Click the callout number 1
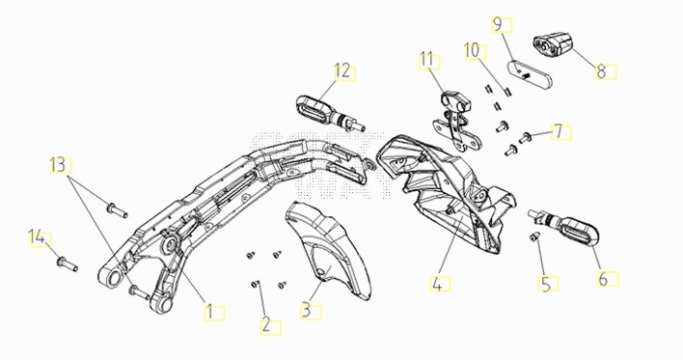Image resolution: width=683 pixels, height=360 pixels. (x=209, y=312)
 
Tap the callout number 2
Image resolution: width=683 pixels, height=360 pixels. (x=265, y=325)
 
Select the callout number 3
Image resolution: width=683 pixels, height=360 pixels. (x=306, y=311)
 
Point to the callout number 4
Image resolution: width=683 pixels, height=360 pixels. (x=437, y=284)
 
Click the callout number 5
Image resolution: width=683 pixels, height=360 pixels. (x=546, y=284)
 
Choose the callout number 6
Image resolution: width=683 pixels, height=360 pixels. (x=603, y=279)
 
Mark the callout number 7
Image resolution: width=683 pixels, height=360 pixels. (x=559, y=131)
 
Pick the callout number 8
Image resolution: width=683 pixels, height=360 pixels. (x=602, y=71)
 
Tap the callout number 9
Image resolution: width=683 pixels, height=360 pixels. (x=498, y=24)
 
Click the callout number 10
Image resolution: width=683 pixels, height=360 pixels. (x=472, y=50)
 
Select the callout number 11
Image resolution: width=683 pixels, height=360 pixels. (x=426, y=60)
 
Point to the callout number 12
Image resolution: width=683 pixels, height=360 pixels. (x=342, y=71)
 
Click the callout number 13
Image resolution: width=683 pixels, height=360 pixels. (x=58, y=165)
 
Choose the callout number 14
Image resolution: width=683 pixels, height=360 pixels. (x=37, y=238)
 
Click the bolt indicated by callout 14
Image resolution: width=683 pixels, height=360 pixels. (x=68, y=264)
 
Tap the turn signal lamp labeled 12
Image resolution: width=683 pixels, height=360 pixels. (x=328, y=113)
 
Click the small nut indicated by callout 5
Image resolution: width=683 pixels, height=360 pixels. (x=534, y=236)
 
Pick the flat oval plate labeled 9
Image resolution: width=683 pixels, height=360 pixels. (x=529, y=74)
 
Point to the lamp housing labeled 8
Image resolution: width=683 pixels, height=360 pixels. (x=552, y=45)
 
